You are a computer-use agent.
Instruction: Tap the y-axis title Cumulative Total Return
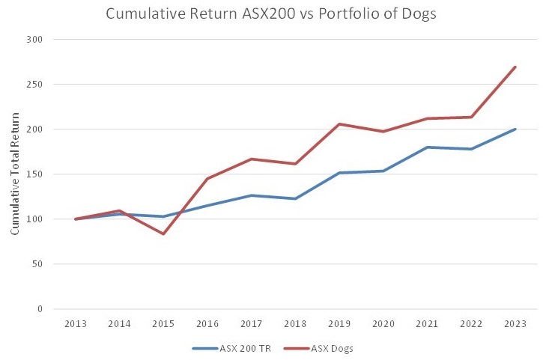tap(14, 174)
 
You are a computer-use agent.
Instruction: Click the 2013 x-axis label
tap(76, 324)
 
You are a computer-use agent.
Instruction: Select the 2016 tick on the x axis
tap(207, 324)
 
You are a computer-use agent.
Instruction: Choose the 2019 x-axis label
tap(339, 324)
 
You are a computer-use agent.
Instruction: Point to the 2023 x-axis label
tap(515, 324)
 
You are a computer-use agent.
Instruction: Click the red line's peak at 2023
tap(515, 67)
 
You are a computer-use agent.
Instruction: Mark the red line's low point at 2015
tap(163, 234)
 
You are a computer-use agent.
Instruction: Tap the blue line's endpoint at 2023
tap(515, 129)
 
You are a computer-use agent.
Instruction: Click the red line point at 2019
tap(339, 124)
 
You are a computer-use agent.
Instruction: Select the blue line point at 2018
tap(295, 198)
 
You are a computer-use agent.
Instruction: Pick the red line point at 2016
tap(207, 179)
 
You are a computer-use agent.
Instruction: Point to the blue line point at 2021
tap(428, 147)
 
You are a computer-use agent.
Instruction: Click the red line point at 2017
tap(252, 159)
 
